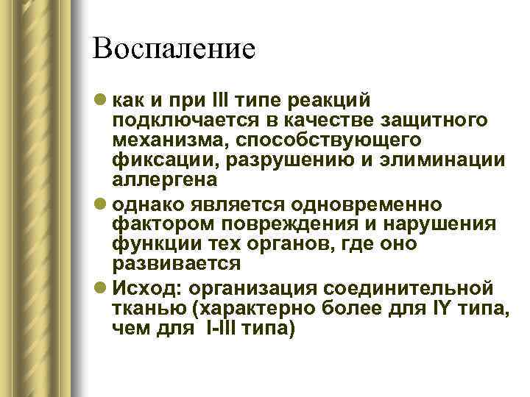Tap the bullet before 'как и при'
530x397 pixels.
[x=99, y=99]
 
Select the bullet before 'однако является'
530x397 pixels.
[x=99, y=202]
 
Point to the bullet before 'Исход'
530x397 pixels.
[x=99, y=284]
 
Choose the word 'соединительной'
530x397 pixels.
[x=417, y=284]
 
